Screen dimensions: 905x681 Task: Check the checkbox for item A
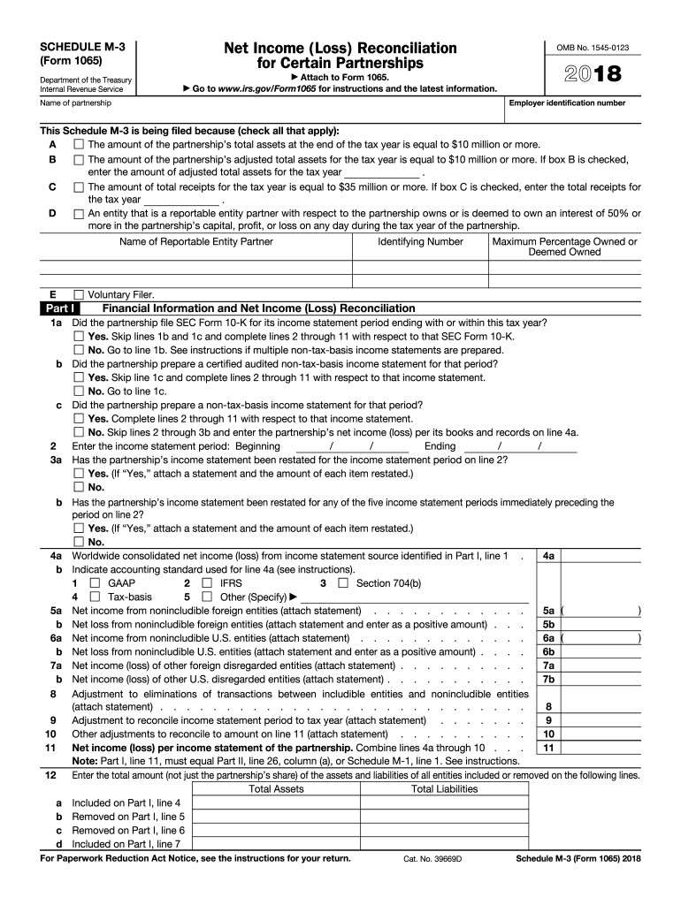(x=79, y=145)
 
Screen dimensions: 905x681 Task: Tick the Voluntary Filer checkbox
(x=79, y=294)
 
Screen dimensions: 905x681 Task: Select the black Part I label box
(x=61, y=308)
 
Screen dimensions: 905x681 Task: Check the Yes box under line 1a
(x=79, y=337)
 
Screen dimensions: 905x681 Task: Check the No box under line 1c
(x=79, y=432)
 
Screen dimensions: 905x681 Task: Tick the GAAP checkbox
(x=95, y=583)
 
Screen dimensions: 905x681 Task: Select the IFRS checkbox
(x=207, y=583)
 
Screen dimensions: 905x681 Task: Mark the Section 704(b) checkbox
(x=343, y=583)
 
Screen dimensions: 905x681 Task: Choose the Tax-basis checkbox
(x=95, y=597)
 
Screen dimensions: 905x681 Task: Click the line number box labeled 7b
(x=548, y=679)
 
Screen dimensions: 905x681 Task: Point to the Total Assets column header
(x=276, y=789)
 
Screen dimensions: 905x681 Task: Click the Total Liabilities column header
(x=444, y=789)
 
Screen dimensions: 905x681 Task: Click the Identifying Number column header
(x=420, y=241)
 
